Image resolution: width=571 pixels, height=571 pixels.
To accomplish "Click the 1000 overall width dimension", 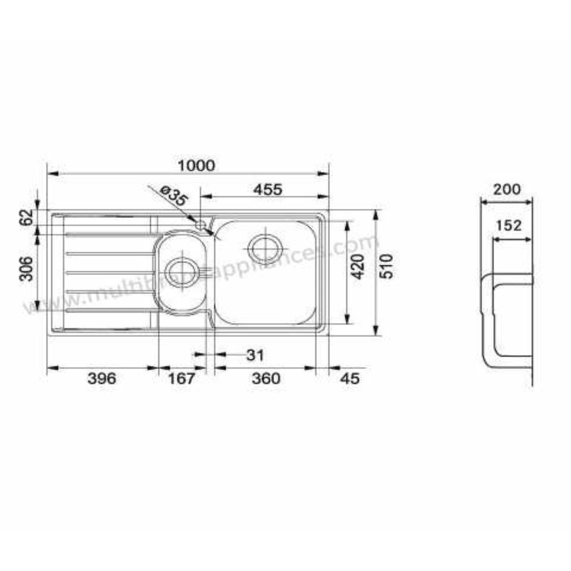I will (x=196, y=165).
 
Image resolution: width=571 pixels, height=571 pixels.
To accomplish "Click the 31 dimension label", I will (x=254, y=355).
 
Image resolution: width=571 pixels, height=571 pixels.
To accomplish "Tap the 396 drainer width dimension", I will (x=101, y=379).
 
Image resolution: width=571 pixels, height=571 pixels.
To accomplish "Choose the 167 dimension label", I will (x=181, y=379).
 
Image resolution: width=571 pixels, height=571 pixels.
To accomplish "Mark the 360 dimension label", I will (x=265, y=379).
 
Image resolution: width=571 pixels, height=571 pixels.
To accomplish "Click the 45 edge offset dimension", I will (x=349, y=379).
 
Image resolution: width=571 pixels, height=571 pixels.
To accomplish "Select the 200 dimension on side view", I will (x=506, y=189).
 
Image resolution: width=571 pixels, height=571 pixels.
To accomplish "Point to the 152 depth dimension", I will (x=509, y=226).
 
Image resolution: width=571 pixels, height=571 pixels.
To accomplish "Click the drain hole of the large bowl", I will (x=264, y=247).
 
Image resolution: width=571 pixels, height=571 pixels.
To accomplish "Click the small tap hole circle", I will (x=200, y=225).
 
